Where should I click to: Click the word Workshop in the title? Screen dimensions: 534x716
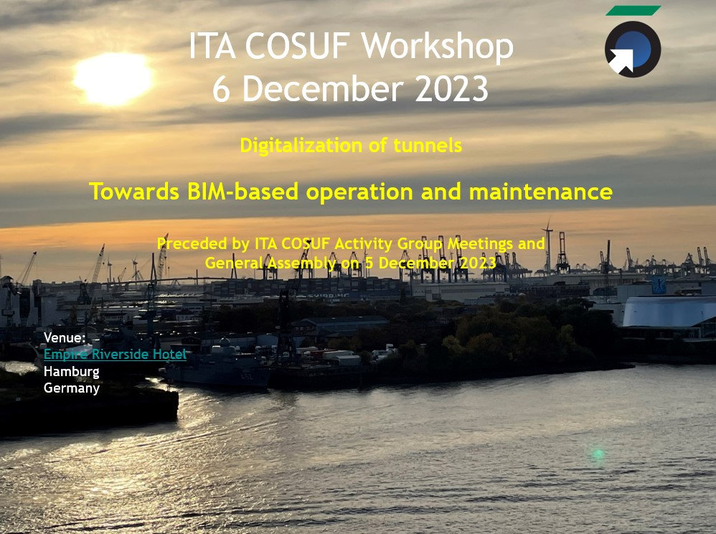(437, 47)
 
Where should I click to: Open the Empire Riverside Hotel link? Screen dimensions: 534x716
(115, 355)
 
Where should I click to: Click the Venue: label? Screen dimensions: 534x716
(65, 337)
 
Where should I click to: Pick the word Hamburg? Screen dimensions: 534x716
(71, 372)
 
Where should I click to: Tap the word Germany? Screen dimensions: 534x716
(71, 388)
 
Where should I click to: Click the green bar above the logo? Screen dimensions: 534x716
(632, 11)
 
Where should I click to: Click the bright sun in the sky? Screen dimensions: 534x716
(113, 78)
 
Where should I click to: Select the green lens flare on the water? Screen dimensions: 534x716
(597, 454)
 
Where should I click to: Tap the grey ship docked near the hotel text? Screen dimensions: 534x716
(219, 373)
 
